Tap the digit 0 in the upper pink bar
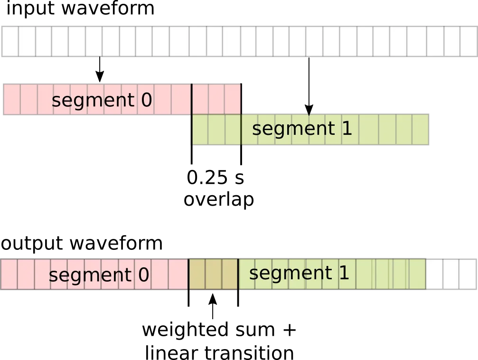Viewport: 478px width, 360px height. tap(147, 101)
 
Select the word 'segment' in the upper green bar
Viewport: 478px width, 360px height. tap(293, 129)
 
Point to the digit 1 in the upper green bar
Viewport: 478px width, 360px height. tap(347, 129)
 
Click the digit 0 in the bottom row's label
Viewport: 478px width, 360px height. tap(143, 275)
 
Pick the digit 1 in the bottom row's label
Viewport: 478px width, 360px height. tap(344, 273)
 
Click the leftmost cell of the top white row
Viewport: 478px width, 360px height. tap(10, 41)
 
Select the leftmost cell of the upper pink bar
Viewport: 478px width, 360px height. tap(12, 100)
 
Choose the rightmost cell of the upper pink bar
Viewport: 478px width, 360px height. tap(233, 100)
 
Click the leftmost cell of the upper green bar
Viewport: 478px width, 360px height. tap(200, 129)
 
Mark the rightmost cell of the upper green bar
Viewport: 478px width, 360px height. tap(420, 129)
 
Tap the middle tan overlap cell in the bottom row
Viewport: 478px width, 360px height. tap(213, 274)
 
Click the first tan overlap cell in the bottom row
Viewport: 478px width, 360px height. tap(197, 274)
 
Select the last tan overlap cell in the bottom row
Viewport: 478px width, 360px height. tap(229, 274)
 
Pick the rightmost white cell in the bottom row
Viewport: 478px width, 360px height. tap(467, 274)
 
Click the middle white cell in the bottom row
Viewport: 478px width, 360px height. tap(450, 274)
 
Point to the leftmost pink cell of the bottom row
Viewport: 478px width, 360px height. tap(9, 274)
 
